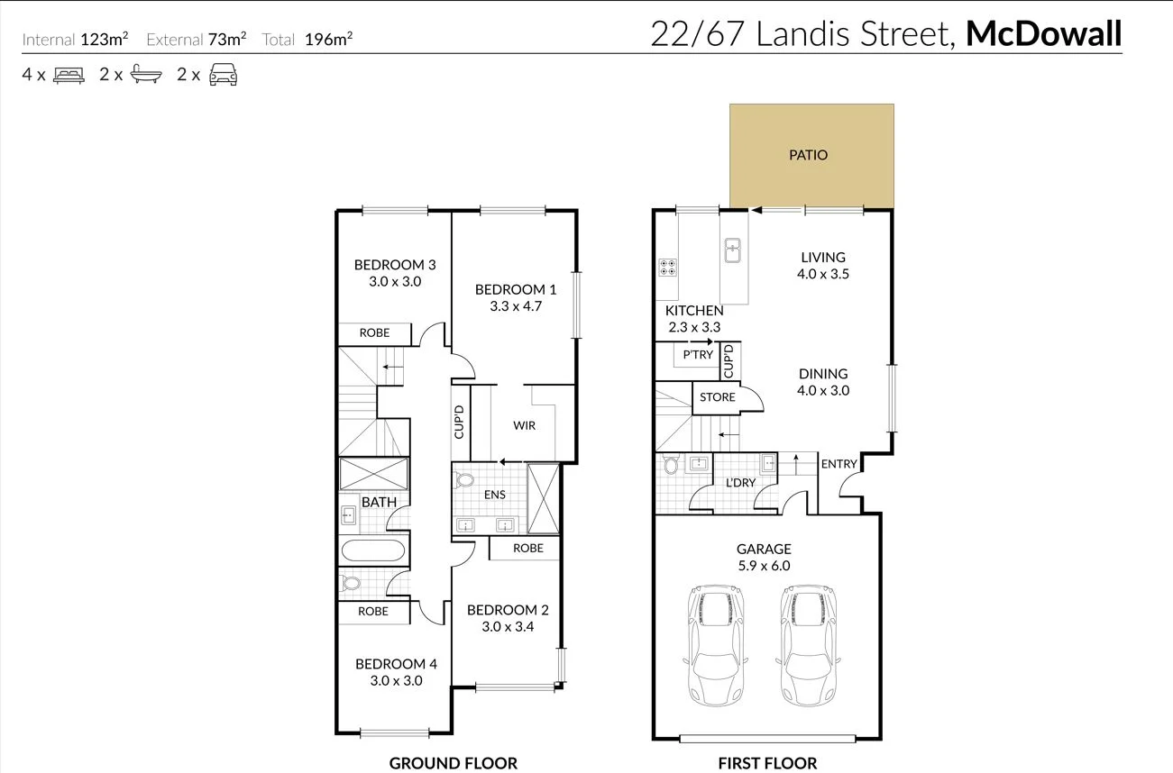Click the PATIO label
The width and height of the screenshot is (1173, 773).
[x=808, y=155]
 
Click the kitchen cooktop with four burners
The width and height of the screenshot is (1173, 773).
[x=668, y=267]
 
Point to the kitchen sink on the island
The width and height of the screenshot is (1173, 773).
[x=733, y=249]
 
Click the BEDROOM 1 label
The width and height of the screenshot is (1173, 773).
[x=516, y=289]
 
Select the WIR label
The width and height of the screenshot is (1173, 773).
[x=525, y=425]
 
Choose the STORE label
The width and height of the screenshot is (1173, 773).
[x=718, y=397]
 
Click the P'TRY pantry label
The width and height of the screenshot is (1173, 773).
[x=697, y=355]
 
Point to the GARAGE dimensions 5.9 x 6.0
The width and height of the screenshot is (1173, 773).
[x=764, y=566]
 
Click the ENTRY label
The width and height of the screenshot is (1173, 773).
[x=839, y=464]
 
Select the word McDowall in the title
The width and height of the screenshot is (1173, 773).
[x=1043, y=34]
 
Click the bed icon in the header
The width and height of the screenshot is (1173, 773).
[x=69, y=76]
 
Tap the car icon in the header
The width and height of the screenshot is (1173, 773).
[x=223, y=76]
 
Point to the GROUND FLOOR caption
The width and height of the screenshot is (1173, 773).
[x=453, y=763]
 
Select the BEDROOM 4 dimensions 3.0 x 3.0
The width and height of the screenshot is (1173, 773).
[x=396, y=681]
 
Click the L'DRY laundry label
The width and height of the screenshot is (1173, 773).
[x=740, y=483]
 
